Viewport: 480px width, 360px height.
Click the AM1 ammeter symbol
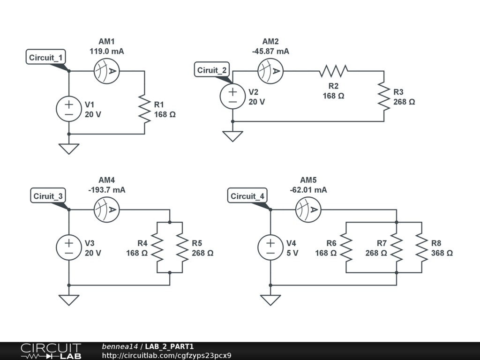pos(106,71)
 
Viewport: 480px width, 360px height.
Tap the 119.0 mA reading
pos(106,51)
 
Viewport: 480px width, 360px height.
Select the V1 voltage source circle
pos(69,109)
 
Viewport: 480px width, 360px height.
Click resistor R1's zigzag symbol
pos(144,109)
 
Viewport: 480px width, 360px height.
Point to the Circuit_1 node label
pos(45,57)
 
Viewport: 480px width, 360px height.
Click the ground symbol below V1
pos(69,149)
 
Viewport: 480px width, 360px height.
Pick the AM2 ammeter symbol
pos(270,71)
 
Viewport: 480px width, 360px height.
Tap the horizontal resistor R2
pos(333,71)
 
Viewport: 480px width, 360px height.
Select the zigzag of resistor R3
pos(384,96)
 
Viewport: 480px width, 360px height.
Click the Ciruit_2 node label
pos(212,70)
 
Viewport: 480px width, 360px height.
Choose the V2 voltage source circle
pos(232,96)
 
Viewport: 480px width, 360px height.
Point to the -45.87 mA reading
pos(270,51)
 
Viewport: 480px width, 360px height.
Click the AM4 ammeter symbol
pos(106,210)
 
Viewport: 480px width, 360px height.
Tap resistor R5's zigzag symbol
pos(182,247)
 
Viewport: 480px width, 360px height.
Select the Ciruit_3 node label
pos(48,196)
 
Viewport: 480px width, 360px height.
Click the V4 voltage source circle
pos(270,247)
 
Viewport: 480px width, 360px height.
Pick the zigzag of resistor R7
pos(397,247)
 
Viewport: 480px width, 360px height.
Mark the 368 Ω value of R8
pos(442,253)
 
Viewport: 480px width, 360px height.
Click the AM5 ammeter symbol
pos(308,210)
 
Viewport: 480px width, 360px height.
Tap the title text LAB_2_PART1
pos(169,346)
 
